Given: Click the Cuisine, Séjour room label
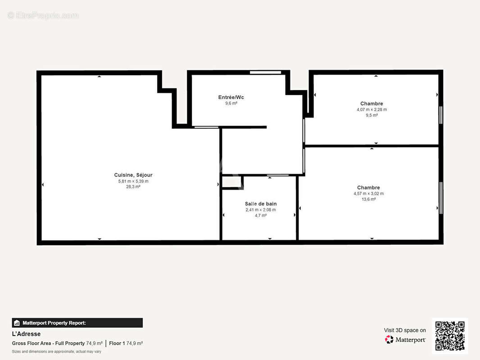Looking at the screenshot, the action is click(133, 175).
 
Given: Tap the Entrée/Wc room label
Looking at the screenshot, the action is click(231, 97).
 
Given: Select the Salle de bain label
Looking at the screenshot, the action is click(261, 204).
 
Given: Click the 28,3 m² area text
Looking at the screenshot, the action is click(133, 187).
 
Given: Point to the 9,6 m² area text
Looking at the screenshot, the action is click(231, 103).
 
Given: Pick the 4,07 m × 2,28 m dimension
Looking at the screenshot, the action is click(371, 109).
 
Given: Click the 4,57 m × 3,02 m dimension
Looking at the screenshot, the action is click(369, 193).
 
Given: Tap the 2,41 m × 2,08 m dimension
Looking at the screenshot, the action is click(261, 210).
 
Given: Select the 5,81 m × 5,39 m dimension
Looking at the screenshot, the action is click(133, 181).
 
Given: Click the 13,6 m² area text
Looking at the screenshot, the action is click(369, 199).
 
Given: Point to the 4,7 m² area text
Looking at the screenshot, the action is click(261, 216).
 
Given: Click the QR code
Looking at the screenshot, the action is click(450, 336).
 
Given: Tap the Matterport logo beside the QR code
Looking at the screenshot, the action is click(389, 339).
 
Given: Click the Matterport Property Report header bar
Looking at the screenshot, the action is click(77, 323).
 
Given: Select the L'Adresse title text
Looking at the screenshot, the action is click(26, 334).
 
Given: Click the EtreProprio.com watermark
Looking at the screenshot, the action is click(43, 15).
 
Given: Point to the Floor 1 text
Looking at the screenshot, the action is click(117, 343).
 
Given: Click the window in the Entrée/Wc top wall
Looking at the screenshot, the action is click(265, 72).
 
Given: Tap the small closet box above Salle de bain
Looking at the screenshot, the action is click(232, 182).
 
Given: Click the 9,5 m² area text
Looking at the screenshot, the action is click(371, 115).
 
